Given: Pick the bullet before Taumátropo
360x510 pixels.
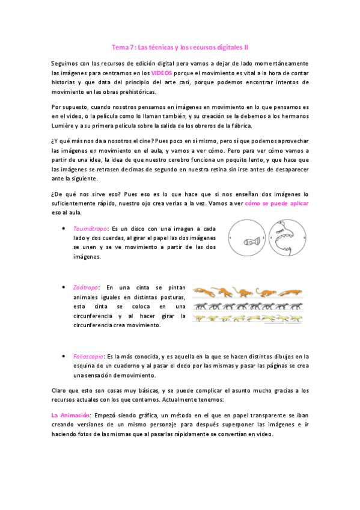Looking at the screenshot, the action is click(x=64, y=229).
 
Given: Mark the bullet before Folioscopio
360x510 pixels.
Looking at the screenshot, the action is click(x=64, y=356).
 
